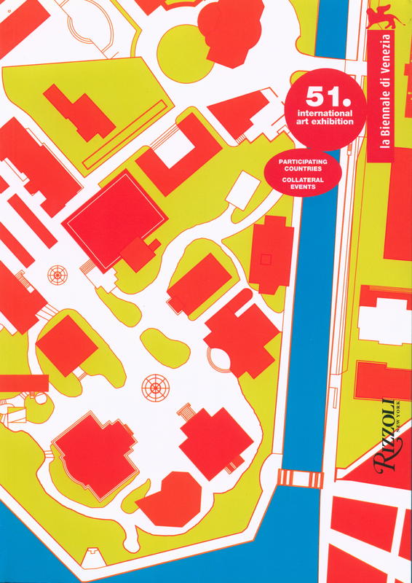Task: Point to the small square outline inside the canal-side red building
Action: tap(266, 259)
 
